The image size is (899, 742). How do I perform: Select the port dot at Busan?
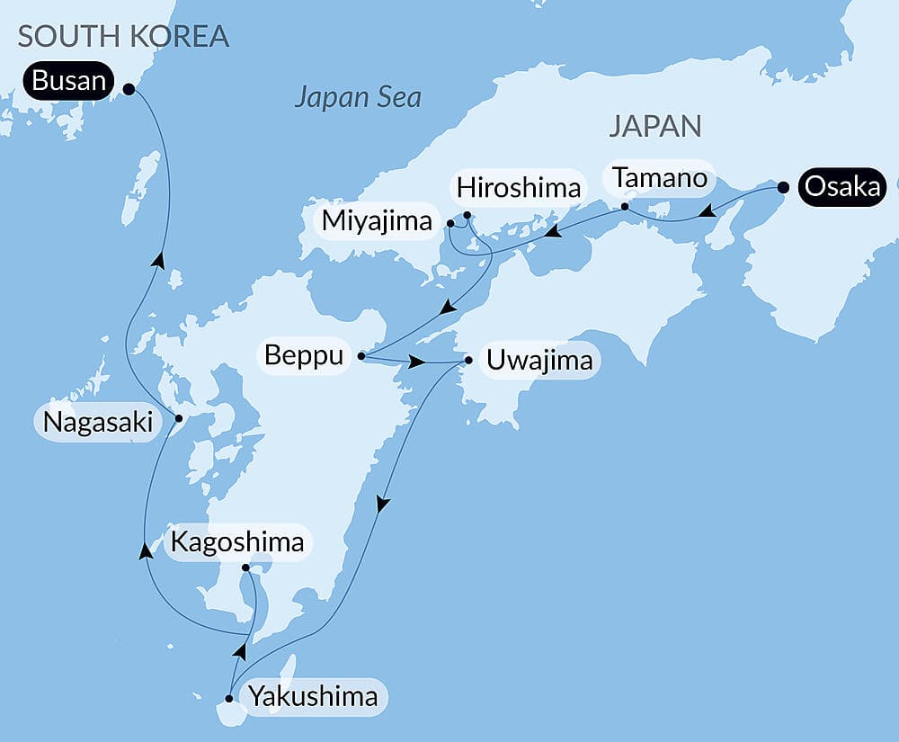tap(128, 89)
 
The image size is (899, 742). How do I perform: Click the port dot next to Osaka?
tap(783, 188)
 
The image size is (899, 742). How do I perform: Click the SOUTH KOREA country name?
tap(123, 36)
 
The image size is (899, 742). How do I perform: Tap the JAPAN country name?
tap(654, 126)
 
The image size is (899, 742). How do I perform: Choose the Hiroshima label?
tap(519, 188)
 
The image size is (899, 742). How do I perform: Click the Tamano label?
tap(660, 177)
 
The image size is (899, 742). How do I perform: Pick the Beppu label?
tap(304, 356)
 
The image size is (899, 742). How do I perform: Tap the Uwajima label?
tap(539, 361)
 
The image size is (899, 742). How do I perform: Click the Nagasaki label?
tap(98, 422)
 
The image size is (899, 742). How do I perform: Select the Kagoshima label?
tap(237, 542)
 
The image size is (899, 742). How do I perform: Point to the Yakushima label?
tap(313, 697)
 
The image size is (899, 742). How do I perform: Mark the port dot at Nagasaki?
tap(178, 418)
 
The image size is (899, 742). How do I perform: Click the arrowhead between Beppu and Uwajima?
tap(417, 362)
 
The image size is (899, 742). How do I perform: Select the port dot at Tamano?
tap(625, 207)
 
